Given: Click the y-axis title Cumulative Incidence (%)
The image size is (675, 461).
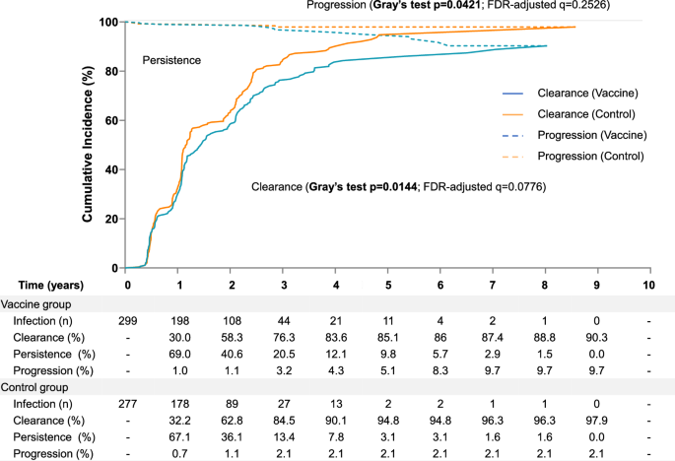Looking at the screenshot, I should click(x=88, y=144).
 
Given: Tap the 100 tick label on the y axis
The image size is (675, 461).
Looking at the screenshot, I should click(x=108, y=22).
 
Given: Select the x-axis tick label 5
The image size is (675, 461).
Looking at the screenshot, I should click(x=388, y=285).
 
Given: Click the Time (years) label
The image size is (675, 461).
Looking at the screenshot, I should click(x=43, y=285).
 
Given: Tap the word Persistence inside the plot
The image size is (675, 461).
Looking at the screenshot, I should click(x=172, y=61).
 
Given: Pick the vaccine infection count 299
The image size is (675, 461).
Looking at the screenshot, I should click(x=127, y=321).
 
